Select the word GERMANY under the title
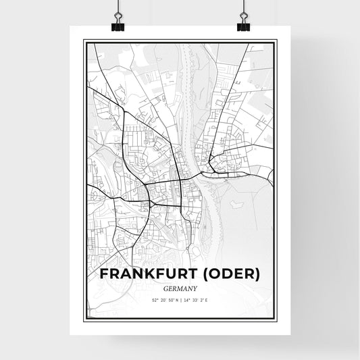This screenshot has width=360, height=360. [179, 288]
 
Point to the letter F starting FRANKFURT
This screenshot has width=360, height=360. [104, 274]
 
